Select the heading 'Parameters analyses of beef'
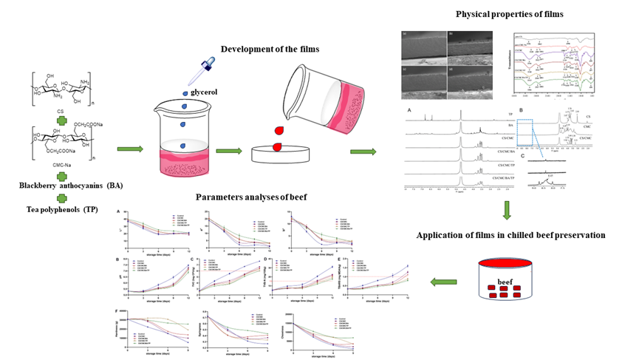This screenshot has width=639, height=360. click(x=249, y=197)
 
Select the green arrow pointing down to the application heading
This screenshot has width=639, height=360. click(x=507, y=214)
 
